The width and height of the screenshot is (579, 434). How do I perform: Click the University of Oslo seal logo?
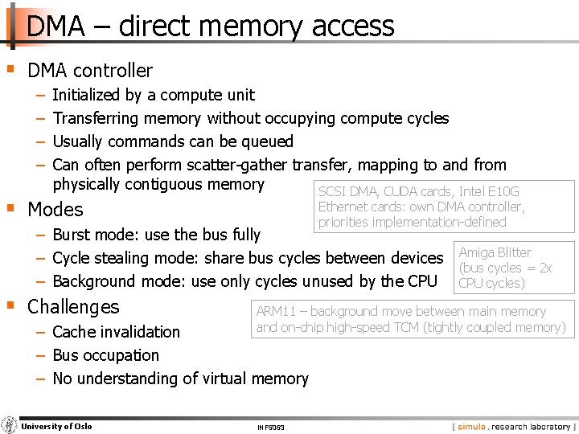10,425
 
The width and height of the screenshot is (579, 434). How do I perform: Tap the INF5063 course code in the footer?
270,427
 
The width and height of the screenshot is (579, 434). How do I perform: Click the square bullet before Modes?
10,209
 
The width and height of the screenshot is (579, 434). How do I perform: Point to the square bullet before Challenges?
10,306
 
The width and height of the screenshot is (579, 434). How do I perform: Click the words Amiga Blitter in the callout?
495,252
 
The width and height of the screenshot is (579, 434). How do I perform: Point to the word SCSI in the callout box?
331,191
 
